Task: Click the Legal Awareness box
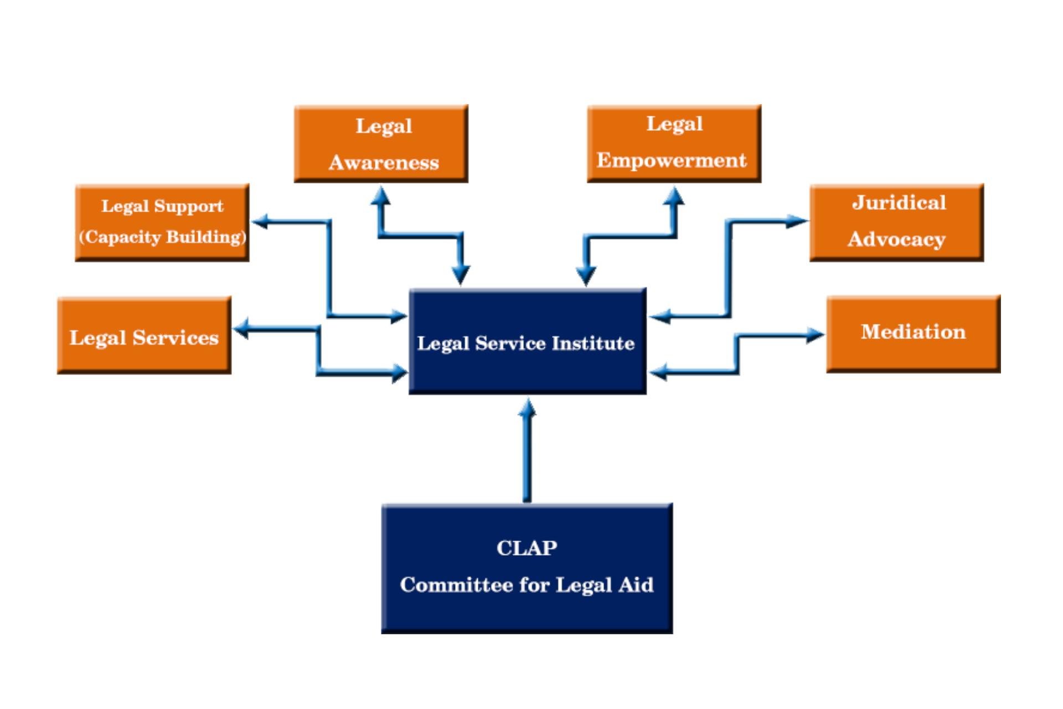(381, 143)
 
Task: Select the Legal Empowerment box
(674, 143)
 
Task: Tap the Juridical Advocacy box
(897, 222)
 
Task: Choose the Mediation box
(914, 334)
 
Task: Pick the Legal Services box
(144, 336)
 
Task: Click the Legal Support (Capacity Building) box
(162, 223)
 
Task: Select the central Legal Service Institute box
(528, 341)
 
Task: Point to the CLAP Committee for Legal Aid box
(527, 568)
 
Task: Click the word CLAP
(527, 548)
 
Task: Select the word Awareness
(384, 162)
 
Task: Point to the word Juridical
(899, 203)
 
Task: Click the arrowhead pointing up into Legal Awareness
(380, 195)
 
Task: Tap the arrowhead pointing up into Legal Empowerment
(674, 196)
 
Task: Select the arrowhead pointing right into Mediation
(816, 335)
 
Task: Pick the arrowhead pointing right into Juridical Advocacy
(798, 221)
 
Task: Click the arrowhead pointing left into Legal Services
(242, 328)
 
